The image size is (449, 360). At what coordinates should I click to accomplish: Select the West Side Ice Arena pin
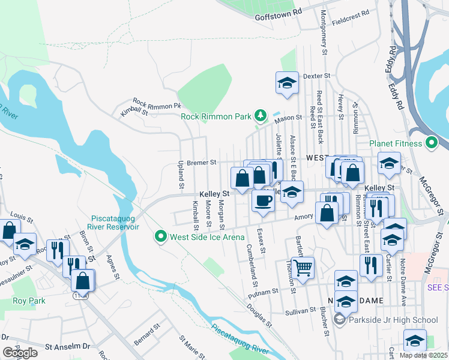160,237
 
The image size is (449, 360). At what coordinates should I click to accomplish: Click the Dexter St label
317,76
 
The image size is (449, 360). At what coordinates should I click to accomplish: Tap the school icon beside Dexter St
287,83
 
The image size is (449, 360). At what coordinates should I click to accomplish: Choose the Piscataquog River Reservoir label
115,223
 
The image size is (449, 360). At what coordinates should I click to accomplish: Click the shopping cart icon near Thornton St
303,268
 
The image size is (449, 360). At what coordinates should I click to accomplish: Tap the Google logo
20,353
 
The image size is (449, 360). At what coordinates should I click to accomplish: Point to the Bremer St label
201,162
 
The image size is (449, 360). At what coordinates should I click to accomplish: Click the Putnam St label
267,290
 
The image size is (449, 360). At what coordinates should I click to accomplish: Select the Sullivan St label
300,311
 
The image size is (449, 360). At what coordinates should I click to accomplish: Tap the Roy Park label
25,301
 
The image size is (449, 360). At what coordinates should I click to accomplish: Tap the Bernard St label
147,335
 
